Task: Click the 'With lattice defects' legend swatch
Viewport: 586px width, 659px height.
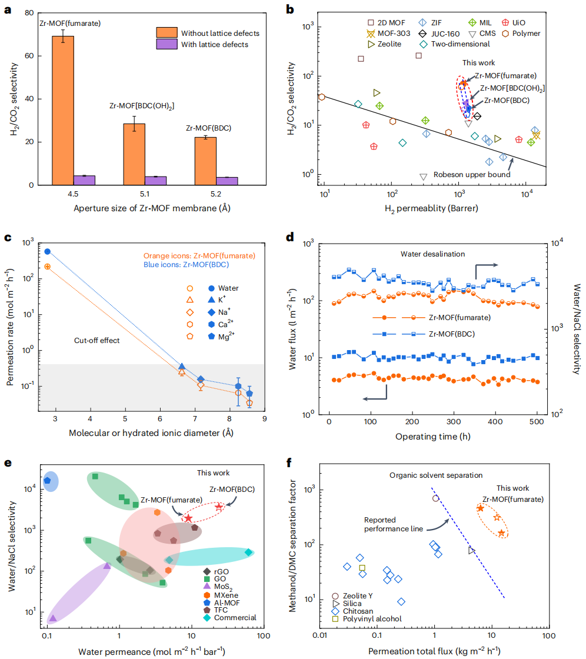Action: click(166, 45)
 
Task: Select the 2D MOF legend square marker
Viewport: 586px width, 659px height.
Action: click(355, 23)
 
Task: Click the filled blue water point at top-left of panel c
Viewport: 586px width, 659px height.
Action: click(48, 252)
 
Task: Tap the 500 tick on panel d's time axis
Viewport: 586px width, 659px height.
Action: click(535, 422)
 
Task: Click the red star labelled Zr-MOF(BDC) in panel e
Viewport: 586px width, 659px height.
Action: click(219, 507)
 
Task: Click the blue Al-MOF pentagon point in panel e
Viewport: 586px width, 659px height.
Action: click(48, 481)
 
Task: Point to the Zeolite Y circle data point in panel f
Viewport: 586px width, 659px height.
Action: click(435, 498)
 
